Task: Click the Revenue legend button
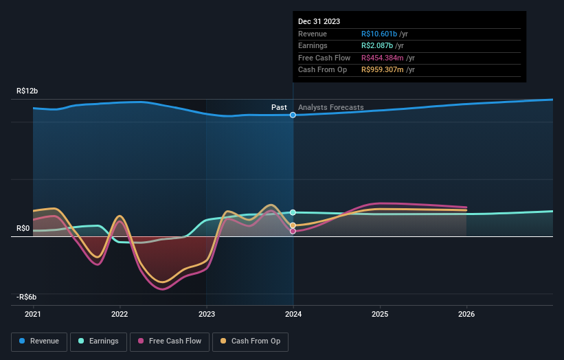pos(39,341)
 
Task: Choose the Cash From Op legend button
pos(250,341)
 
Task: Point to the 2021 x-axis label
pos(33,314)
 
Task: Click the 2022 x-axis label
pos(120,314)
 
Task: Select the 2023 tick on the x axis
pos(206,314)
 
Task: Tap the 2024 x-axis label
pos(293,314)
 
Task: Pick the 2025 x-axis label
pos(380,314)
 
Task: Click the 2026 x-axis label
pos(466,314)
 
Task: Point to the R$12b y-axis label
pos(27,91)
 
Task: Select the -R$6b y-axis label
pos(27,297)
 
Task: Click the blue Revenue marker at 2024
pos(293,115)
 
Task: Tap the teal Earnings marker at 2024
pos(293,212)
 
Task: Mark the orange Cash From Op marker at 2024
pos(293,225)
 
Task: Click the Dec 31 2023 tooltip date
pos(319,22)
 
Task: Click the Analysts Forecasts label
pos(330,107)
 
